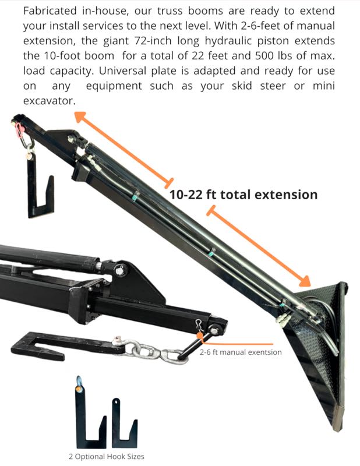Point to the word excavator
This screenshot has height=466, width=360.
coord(49,101)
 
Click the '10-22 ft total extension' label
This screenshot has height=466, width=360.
coord(243,194)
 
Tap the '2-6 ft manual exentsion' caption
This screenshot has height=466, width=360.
coord(241,352)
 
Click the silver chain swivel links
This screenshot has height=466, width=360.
coord(153,351)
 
